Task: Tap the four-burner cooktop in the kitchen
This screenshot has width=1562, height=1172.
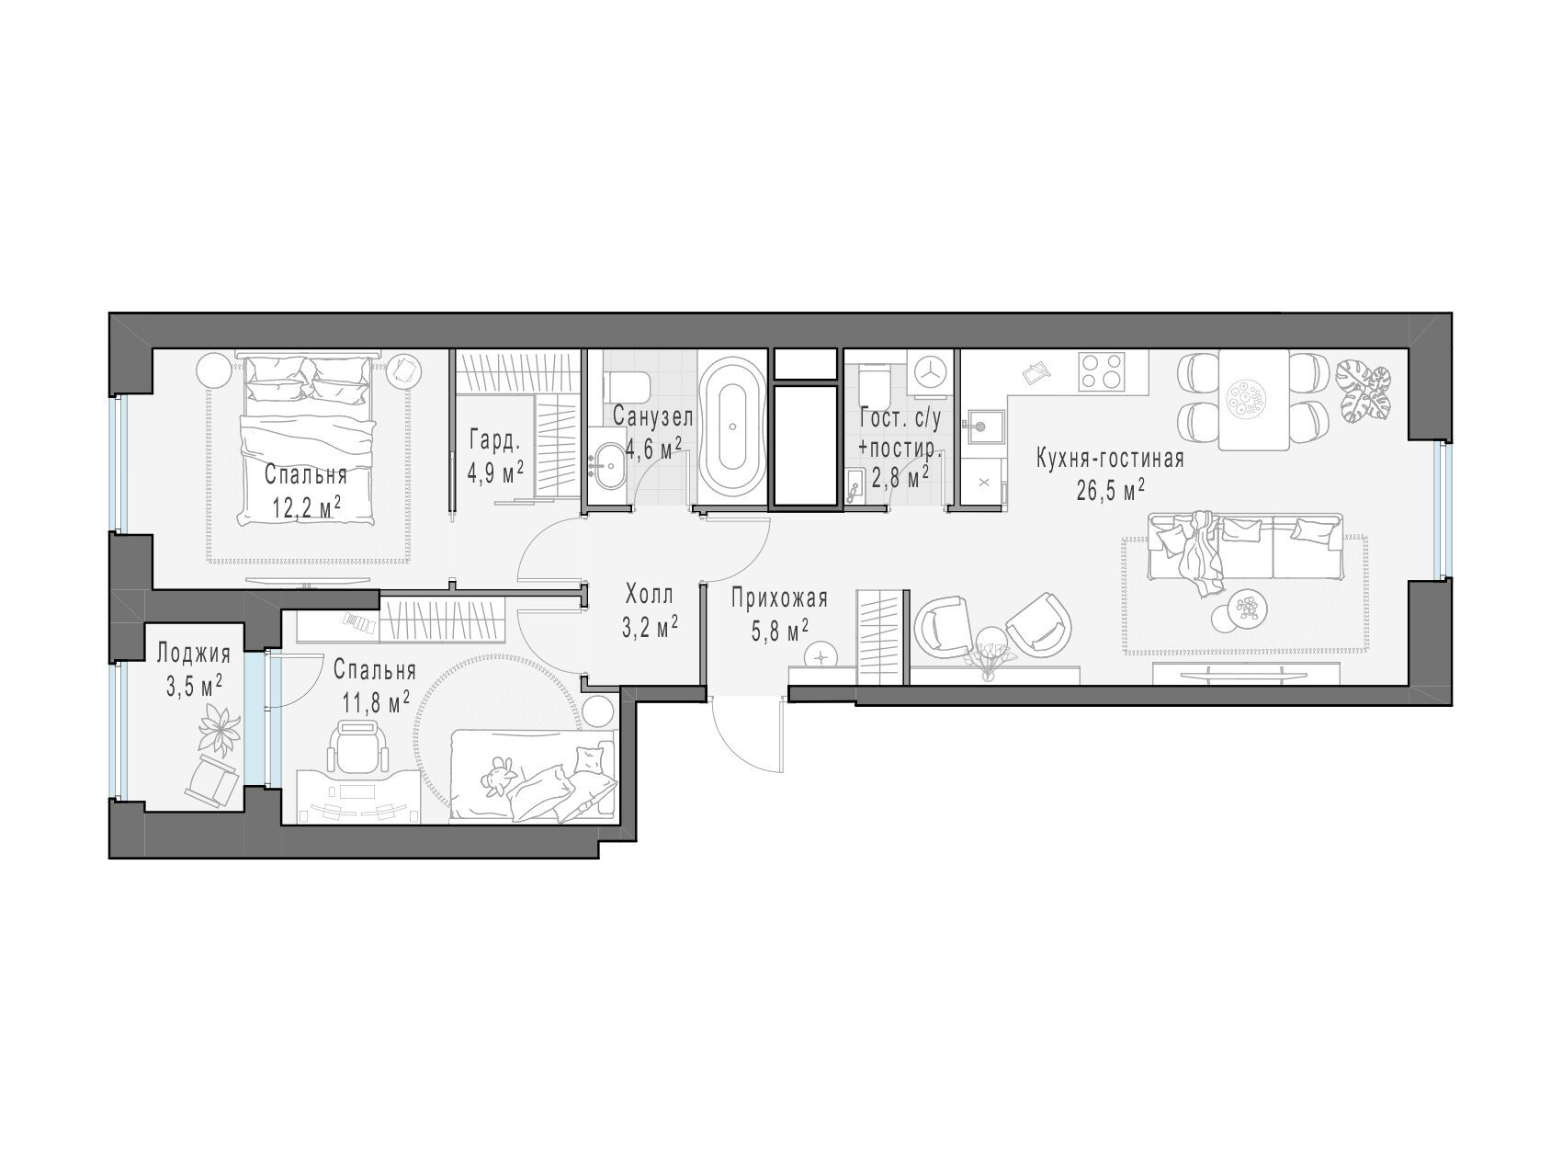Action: tap(1104, 372)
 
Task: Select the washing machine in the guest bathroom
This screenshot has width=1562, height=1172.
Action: tap(932, 370)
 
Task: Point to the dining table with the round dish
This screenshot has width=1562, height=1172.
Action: tap(1254, 400)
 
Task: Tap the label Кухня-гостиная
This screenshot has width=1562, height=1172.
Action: tap(1110, 459)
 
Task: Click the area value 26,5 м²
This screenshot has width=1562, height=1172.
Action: tap(1110, 488)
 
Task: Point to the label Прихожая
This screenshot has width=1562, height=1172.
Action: tap(780, 599)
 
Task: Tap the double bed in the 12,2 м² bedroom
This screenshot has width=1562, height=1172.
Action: tap(309, 439)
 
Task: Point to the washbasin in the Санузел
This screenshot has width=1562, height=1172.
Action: tap(607, 465)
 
